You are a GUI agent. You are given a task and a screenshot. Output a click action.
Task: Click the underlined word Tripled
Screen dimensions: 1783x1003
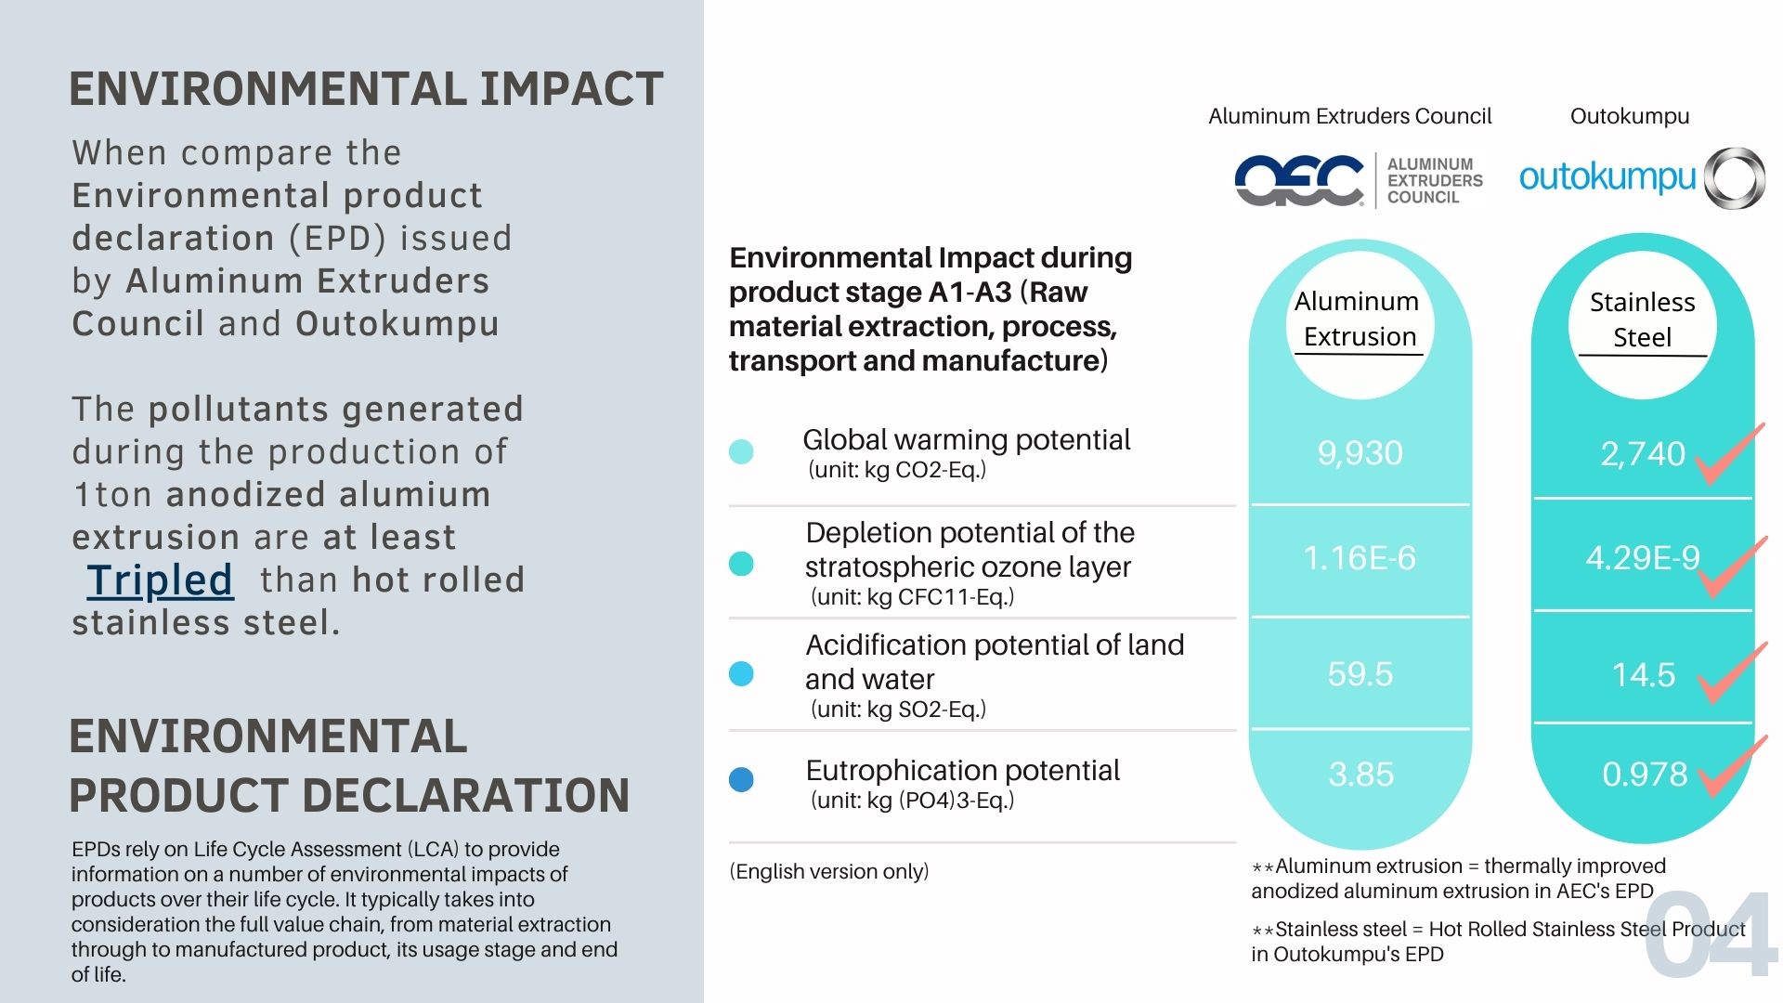coord(160,580)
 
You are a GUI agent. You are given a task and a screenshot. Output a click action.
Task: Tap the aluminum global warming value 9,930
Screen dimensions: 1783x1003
coord(1360,453)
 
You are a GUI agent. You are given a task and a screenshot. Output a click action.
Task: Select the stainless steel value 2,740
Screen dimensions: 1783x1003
coord(1642,454)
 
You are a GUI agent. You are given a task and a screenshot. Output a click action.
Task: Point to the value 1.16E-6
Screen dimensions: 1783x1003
coord(1360,557)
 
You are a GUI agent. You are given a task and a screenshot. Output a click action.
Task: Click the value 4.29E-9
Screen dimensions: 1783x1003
coord(1642,557)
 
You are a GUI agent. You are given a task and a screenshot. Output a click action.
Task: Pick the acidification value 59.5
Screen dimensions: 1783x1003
coord(1360,674)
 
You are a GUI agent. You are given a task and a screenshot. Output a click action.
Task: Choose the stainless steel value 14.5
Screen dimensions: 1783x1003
coord(1643,675)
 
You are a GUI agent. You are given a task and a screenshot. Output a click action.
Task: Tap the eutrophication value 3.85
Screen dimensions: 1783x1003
coord(1360,775)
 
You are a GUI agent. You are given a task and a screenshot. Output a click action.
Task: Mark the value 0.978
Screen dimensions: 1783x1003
coord(1645,775)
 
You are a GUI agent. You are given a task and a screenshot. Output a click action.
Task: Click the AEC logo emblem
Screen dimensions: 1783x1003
coord(1299,180)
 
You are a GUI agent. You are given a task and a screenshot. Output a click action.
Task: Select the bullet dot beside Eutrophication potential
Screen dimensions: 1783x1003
coord(741,779)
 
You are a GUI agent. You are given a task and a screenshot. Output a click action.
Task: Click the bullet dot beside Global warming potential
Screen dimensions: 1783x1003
coord(741,452)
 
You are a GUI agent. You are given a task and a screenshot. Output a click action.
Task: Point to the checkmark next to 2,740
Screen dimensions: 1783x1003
coord(1728,454)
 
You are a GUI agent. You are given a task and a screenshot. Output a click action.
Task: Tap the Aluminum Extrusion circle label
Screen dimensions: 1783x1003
coord(1358,319)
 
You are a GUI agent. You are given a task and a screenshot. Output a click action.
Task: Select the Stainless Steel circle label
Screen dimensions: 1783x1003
coord(1642,319)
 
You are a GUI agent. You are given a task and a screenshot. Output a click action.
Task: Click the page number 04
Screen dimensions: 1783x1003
coord(1711,936)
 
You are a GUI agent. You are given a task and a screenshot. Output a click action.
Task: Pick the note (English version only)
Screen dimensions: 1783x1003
coord(829,871)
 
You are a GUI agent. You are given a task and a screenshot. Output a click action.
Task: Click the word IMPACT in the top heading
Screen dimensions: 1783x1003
coord(571,89)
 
